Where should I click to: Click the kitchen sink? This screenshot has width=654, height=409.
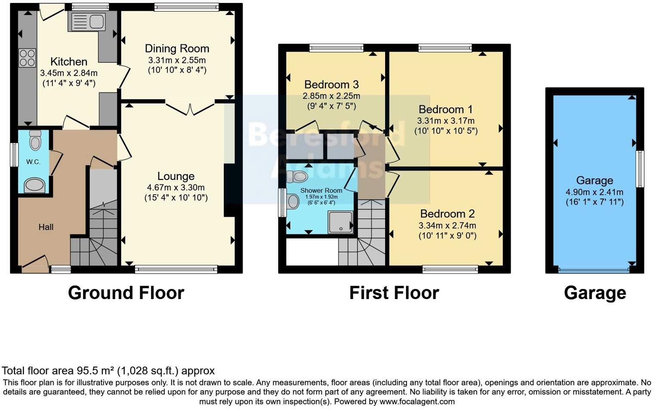tap(88, 21)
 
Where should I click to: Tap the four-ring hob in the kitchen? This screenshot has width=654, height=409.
tap(27, 58)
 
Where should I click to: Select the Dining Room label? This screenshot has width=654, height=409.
tap(177, 49)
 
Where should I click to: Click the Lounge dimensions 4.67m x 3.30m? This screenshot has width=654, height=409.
tap(176, 187)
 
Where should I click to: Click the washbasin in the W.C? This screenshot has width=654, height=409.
tap(34, 186)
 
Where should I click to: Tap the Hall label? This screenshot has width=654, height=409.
tap(46, 227)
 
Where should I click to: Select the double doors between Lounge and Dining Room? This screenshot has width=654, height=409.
tap(190, 107)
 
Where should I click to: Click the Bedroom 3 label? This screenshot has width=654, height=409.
tap(331, 84)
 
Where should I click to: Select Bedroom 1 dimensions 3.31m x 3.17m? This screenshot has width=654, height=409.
tap(446, 121)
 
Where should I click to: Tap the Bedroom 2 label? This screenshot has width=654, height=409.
tap(447, 214)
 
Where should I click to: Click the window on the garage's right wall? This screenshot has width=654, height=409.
tap(639, 169)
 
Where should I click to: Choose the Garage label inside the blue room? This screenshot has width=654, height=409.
tap(595, 180)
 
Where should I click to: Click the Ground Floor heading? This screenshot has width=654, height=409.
tap(126, 293)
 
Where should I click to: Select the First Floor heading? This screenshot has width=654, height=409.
tap(394, 293)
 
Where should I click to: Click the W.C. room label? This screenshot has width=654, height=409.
tap(33, 162)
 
